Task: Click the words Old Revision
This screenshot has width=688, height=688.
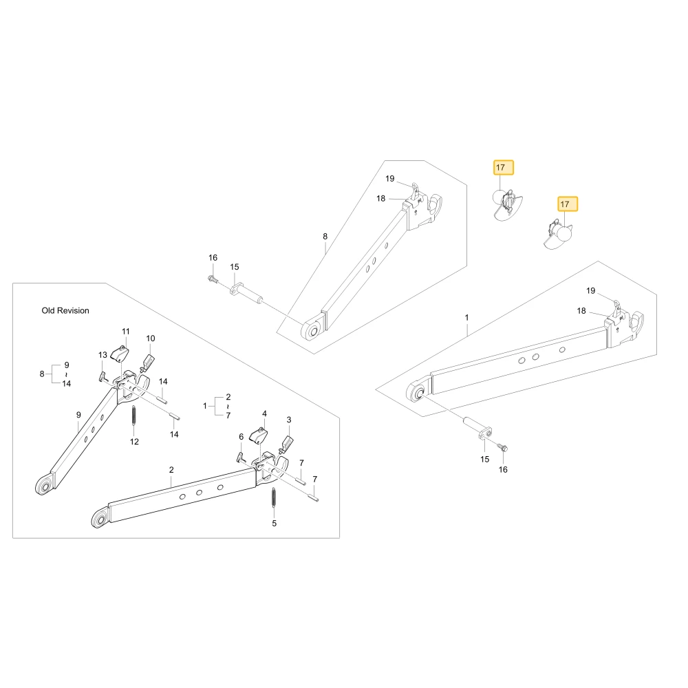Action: pyautogui.click(x=65, y=311)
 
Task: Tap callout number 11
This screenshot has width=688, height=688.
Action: pyautogui.click(x=126, y=332)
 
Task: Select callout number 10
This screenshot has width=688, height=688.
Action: pyautogui.click(x=151, y=338)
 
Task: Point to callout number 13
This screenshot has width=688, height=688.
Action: pyautogui.click(x=103, y=355)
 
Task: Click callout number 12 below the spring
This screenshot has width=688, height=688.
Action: pyautogui.click(x=134, y=442)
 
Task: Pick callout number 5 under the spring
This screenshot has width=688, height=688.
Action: pyautogui.click(x=275, y=524)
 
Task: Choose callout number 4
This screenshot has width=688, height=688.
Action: pyautogui.click(x=264, y=413)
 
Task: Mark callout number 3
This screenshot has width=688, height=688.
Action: pyautogui.click(x=289, y=420)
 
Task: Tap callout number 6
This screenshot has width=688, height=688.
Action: pyautogui.click(x=241, y=437)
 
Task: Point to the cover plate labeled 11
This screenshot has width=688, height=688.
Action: pyautogui.click(x=120, y=354)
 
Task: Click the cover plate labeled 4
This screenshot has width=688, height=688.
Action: pyautogui.click(x=259, y=436)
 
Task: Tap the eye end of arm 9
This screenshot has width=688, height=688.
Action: pyautogui.click(x=44, y=486)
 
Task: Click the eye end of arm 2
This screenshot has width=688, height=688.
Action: pyautogui.click(x=100, y=519)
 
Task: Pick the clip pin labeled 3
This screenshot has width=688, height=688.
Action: pyautogui.click(x=286, y=445)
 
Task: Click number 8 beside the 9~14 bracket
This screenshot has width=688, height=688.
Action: pyautogui.click(x=42, y=374)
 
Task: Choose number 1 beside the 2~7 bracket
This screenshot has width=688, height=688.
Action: pyautogui.click(x=205, y=406)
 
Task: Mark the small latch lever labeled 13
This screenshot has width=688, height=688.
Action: pyautogui.click(x=103, y=376)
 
